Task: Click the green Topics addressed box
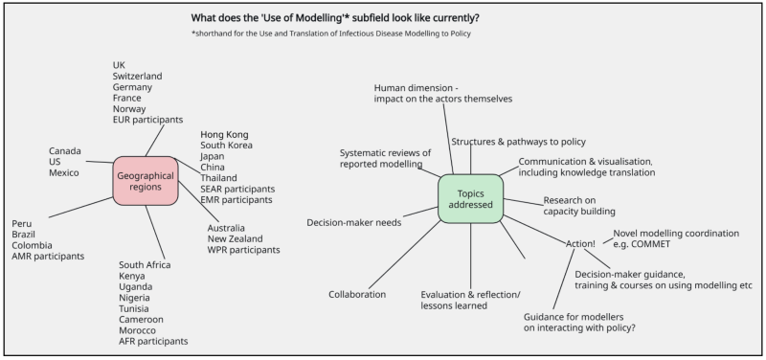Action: tap(470, 198)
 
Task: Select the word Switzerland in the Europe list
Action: tap(137, 76)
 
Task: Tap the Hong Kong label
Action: tap(225, 134)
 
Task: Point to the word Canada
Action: tap(65, 151)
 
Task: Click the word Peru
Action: tap(22, 223)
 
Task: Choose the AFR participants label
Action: tap(153, 341)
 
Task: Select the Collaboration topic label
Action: tap(357, 294)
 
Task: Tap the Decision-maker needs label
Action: tap(353, 223)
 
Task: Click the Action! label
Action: tap(580, 244)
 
